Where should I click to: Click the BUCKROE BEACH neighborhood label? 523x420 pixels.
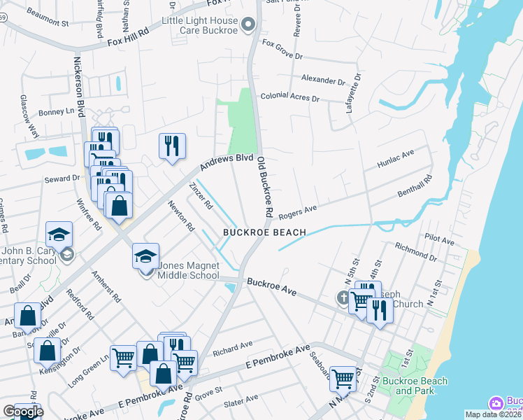[x=265, y=232]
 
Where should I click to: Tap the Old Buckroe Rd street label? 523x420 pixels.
[x=264, y=185]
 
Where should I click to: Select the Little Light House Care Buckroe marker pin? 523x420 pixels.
[x=248, y=27]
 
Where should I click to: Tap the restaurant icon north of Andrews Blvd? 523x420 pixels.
[x=172, y=146]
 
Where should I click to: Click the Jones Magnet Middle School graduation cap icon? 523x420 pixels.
[x=146, y=255]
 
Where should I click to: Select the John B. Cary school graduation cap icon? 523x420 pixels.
[x=59, y=234]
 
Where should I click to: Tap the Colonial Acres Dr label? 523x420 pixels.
[x=289, y=98]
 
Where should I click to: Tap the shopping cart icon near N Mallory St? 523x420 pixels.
[x=343, y=379]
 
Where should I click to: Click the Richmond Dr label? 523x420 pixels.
[x=415, y=253]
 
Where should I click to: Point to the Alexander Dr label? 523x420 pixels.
[x=322, y=80]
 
